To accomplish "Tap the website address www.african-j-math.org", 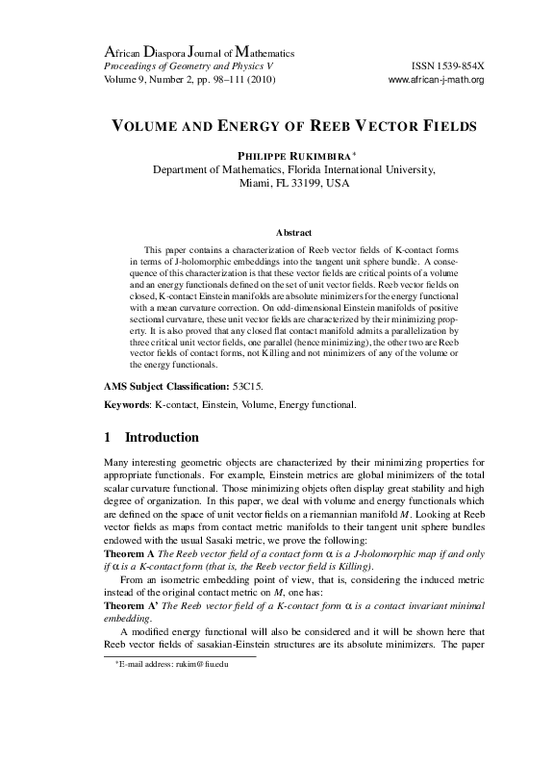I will click(435, 79).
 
